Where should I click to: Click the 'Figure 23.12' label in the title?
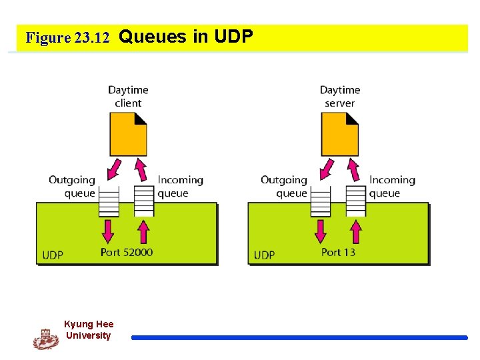coord(67,38)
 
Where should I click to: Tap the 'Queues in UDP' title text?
coord(186,37)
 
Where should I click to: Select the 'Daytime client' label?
coord(128,96)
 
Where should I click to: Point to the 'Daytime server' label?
coord(340,96)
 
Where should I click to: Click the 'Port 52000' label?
coord(127,252)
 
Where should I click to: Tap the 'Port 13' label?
coord(338,252)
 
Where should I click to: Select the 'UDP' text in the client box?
coord(53,255)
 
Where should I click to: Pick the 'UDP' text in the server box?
coord(264,255)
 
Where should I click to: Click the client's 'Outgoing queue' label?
coord(72,187)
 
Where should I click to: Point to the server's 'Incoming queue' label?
coord(392,187)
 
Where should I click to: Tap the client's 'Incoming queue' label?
coord(180,187)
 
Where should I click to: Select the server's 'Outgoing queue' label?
coord(284,187)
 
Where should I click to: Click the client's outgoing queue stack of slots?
coord(109,200)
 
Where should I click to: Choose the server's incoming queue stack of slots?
coord(356,200)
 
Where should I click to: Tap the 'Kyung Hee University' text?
coord(89,330)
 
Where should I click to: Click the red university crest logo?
coord(46,339)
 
